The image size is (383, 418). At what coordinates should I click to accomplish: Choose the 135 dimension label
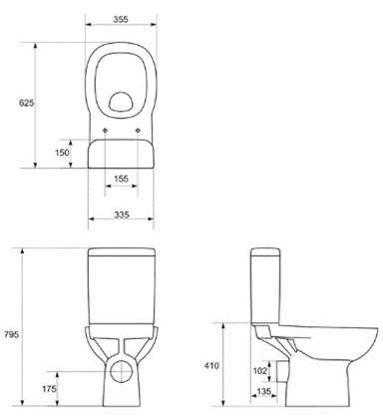(x=263, y=392)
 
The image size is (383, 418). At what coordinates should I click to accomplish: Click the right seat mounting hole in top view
(x=136, y=129)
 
